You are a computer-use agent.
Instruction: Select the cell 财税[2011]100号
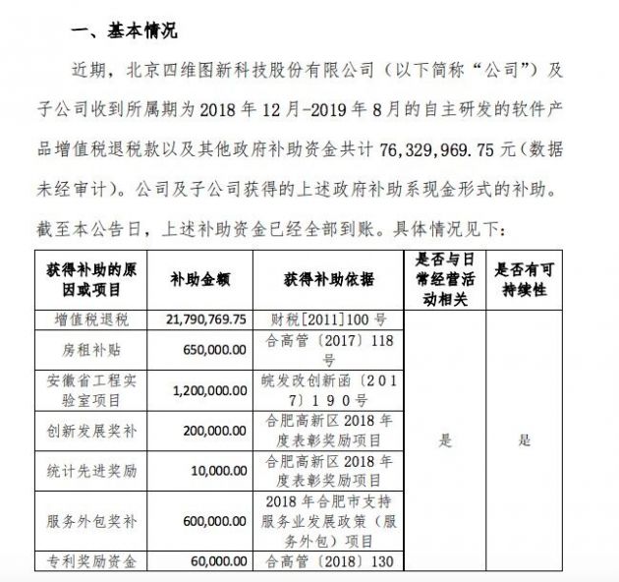(328, 320)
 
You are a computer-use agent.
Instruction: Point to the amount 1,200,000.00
(208, 389)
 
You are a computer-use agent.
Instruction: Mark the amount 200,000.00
(214, 431)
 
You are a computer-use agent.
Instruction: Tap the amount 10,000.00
(219, 471)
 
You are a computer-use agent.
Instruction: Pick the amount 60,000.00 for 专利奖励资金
(219, 562)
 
